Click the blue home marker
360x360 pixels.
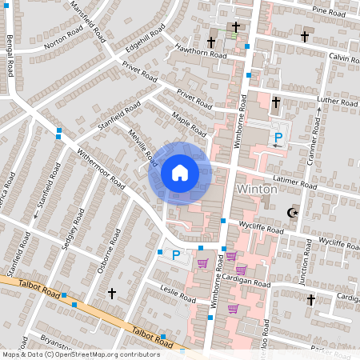coord(180,172)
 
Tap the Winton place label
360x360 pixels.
coord(258,190)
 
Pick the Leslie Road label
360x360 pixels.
coord(178,294)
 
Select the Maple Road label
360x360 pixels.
coord(190,124)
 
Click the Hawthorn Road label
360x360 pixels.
coord(200,51)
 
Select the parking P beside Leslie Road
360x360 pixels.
coord(175,255)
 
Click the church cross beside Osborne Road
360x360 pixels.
coord(112,294)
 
